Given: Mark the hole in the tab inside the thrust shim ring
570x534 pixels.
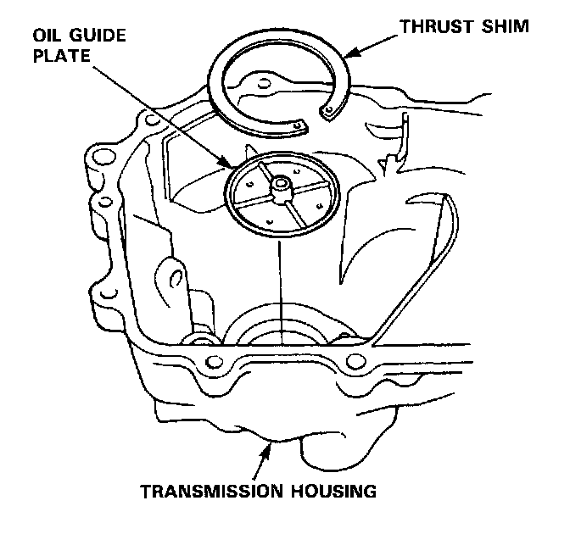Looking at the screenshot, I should click(x=265, y=84).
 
